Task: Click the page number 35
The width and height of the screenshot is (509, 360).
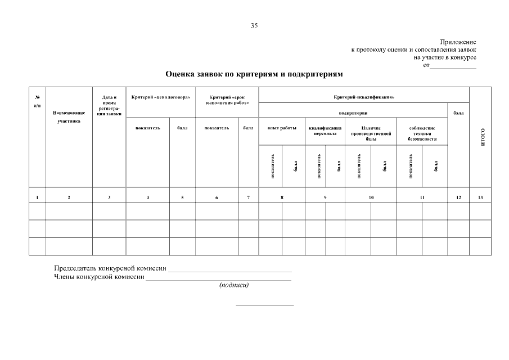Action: coord(254,26)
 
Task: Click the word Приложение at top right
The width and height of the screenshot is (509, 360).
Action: coord(458,42)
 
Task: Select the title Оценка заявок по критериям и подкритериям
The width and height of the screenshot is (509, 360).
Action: coord(254,74)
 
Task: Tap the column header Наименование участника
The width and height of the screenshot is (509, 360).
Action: coord(69,116)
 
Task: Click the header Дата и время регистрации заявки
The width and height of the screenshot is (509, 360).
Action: coord(109,105)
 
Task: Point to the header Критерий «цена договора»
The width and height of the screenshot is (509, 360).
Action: coord(161,97)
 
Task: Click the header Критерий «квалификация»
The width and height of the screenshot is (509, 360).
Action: coord(364,97)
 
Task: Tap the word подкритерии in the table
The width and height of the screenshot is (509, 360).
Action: coord(353,113)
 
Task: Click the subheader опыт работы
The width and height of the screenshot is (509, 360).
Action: coord(282,128)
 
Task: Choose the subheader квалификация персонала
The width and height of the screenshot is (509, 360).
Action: coord(325,130)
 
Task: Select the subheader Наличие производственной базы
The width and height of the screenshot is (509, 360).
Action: coord(371,133)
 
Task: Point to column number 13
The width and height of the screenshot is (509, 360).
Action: coord(480,197)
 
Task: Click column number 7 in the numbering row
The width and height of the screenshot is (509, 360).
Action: coord(248,197)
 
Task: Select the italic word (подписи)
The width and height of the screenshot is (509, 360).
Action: coord(234,284)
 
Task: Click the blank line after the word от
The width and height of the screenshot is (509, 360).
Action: coord(453,66)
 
